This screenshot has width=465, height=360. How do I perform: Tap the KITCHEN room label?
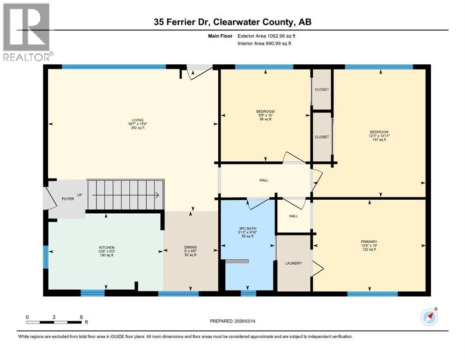click(x=106, y=247)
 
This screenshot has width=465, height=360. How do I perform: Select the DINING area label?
click(x=190, y=247)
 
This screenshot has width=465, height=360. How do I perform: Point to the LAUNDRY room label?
click(x=294, y=263)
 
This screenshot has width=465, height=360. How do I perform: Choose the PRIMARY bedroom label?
click(x=369, y=242)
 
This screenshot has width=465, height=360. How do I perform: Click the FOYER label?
click(x=68, y=199)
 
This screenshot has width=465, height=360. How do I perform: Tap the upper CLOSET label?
click(x=322, y=90)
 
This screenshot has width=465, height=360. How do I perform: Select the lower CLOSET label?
click(x=322, y=137)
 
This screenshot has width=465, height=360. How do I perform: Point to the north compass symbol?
click(x=429, y=317)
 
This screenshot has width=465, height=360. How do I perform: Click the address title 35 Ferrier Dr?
click(x=232, y=22)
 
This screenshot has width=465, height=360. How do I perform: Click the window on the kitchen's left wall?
click(x=45, y=257)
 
